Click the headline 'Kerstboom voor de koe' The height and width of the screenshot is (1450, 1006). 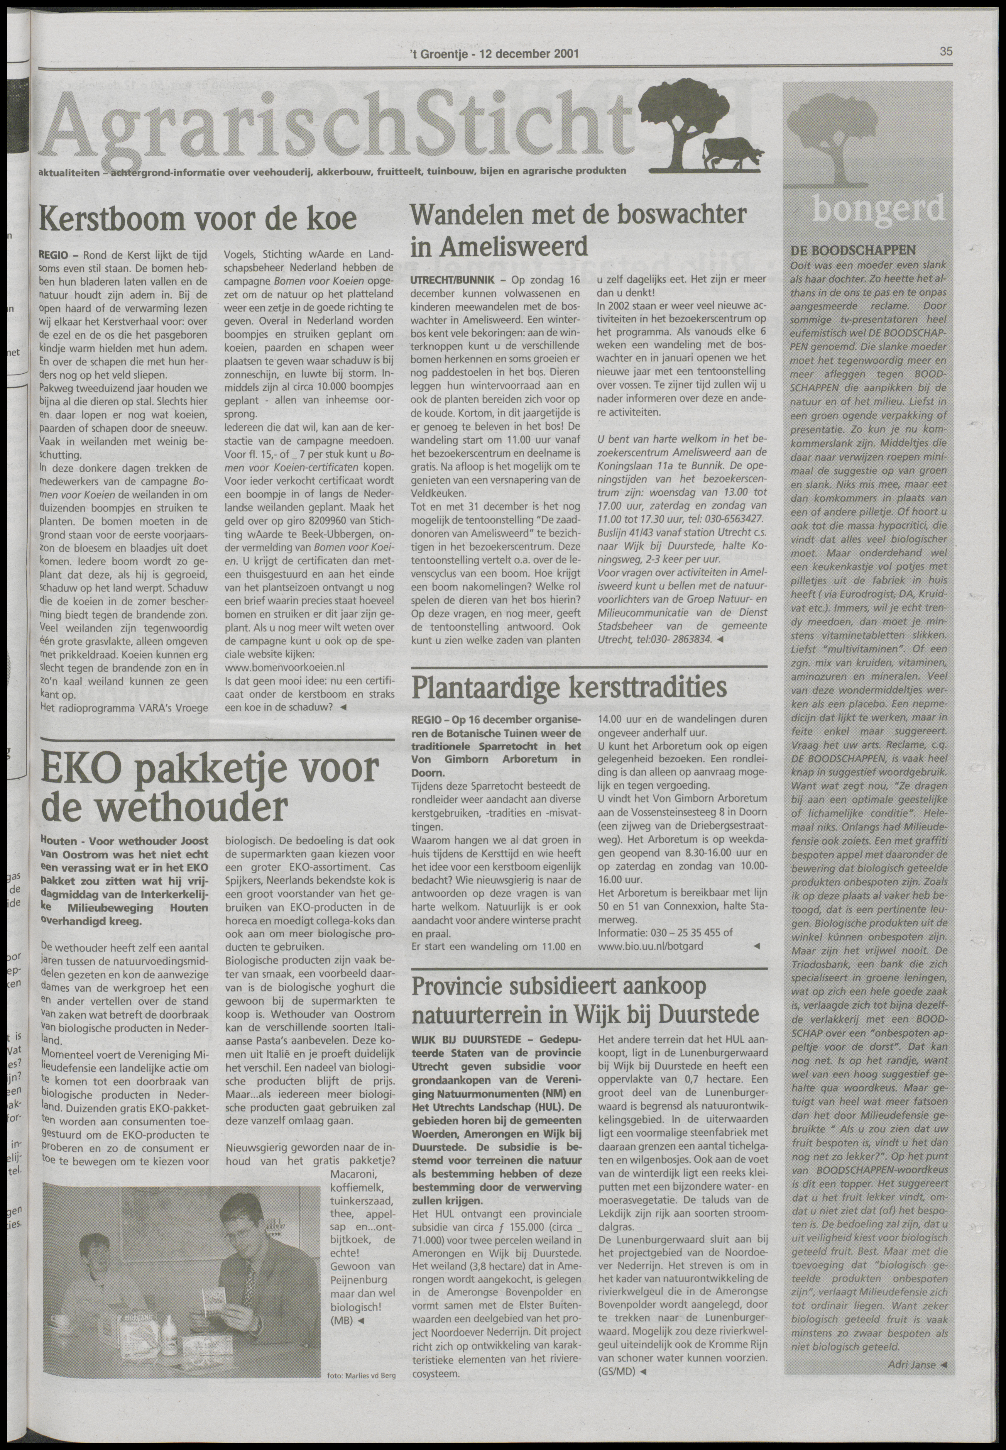(x=197, y=219)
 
